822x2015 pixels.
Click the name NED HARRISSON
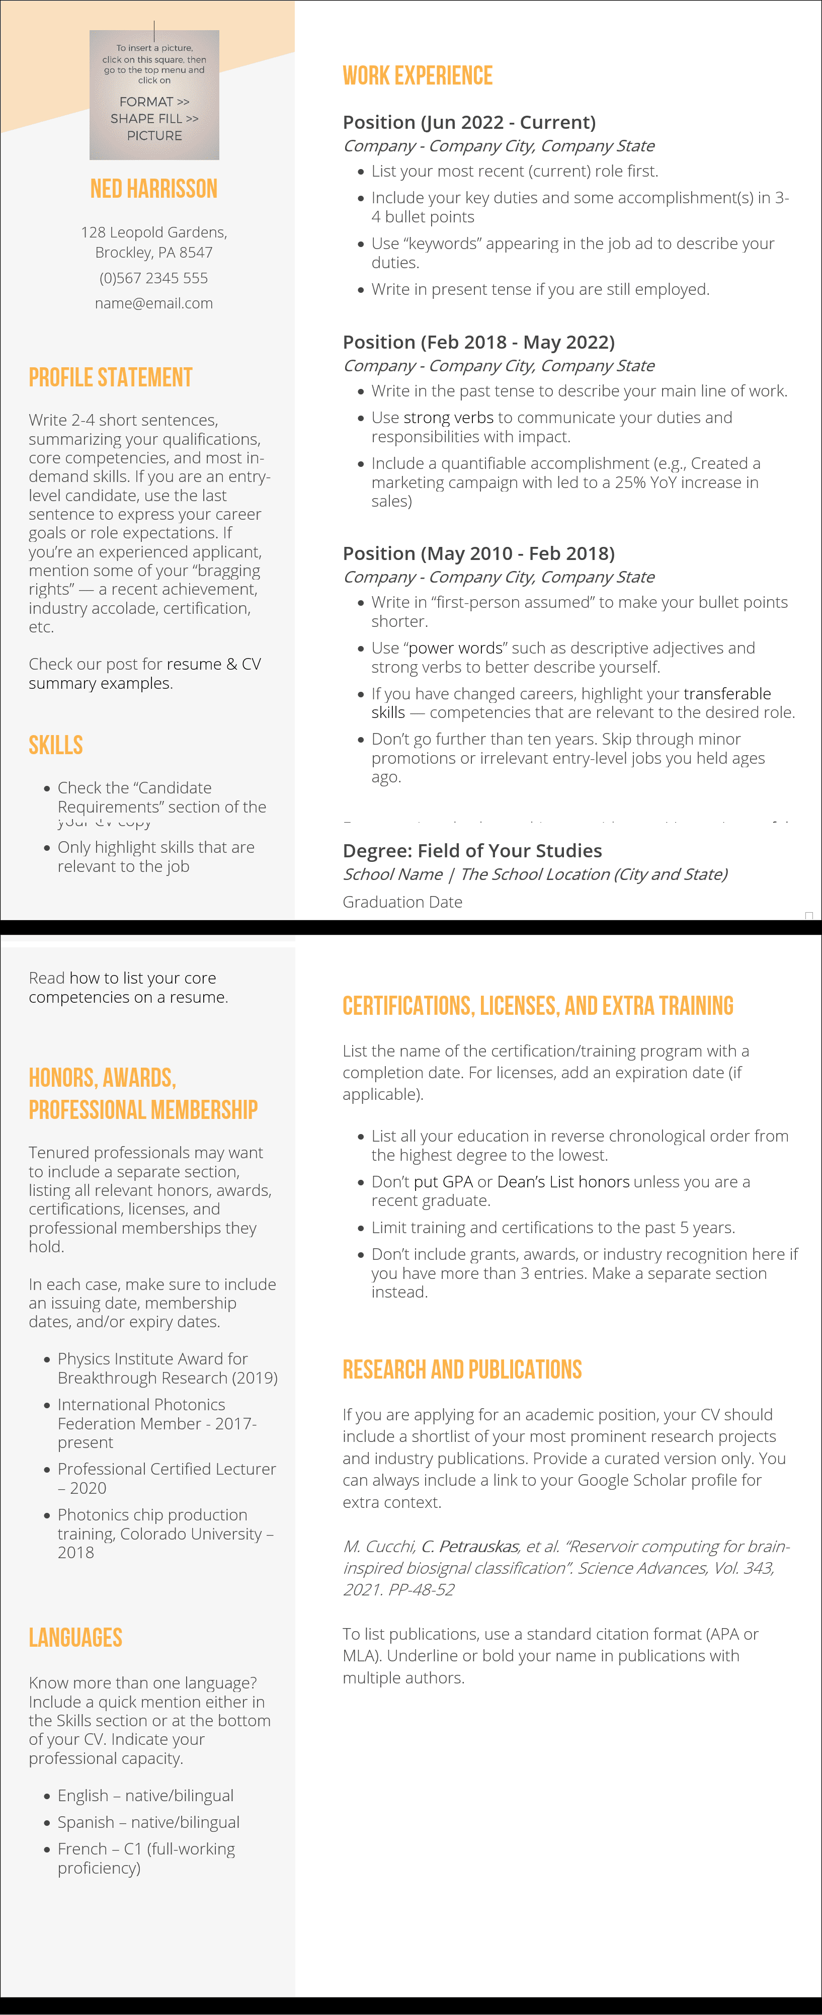point(154,189)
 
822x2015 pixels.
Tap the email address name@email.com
point(154,303)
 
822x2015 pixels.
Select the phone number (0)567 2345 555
point(154,278)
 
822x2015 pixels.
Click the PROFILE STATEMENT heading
point(110,378)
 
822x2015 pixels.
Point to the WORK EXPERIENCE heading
point(418,76)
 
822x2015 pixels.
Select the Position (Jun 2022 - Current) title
point(469,123)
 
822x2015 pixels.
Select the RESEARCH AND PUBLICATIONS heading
point(462,1369)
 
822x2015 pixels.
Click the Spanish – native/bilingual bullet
point(148,1823)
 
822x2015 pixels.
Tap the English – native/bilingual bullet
point(145,1796)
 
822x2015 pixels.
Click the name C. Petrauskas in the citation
point(469,1547)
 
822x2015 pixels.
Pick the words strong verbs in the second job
point(448,418)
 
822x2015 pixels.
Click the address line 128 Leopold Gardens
point(154,233)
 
